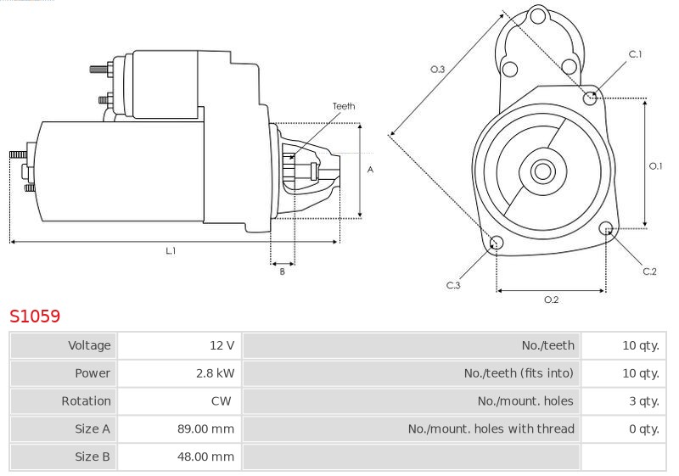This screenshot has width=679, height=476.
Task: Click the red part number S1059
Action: point(35,316)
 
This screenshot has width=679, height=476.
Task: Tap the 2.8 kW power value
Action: point(216,373)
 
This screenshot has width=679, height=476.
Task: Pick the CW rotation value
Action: point(221,400)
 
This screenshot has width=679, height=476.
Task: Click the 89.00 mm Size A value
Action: point(205,428)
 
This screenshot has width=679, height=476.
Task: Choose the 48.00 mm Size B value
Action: point(205,456)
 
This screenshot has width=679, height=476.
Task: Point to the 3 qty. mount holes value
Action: point(644,401)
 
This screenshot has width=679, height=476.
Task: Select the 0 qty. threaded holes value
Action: point(644,428)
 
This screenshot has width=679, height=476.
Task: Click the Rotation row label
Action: point(86,400)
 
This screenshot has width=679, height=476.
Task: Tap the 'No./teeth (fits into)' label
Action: point(519,373)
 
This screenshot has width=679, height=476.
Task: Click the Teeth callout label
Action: point(344,106)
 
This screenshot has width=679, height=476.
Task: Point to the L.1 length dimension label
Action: point(171,250)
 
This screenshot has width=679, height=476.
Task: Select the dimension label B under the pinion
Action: point(282,272)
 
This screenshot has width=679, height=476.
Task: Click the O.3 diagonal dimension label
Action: point(437,70)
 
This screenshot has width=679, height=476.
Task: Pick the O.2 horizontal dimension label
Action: point(551,300)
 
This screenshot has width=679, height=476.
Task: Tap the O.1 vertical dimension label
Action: point(655,165)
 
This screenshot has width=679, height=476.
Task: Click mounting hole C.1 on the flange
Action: point(589,98)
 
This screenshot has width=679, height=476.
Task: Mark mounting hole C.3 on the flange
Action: point(497,243)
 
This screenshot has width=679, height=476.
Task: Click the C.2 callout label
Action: point(649,272)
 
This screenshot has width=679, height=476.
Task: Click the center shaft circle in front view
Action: point(542,171)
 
